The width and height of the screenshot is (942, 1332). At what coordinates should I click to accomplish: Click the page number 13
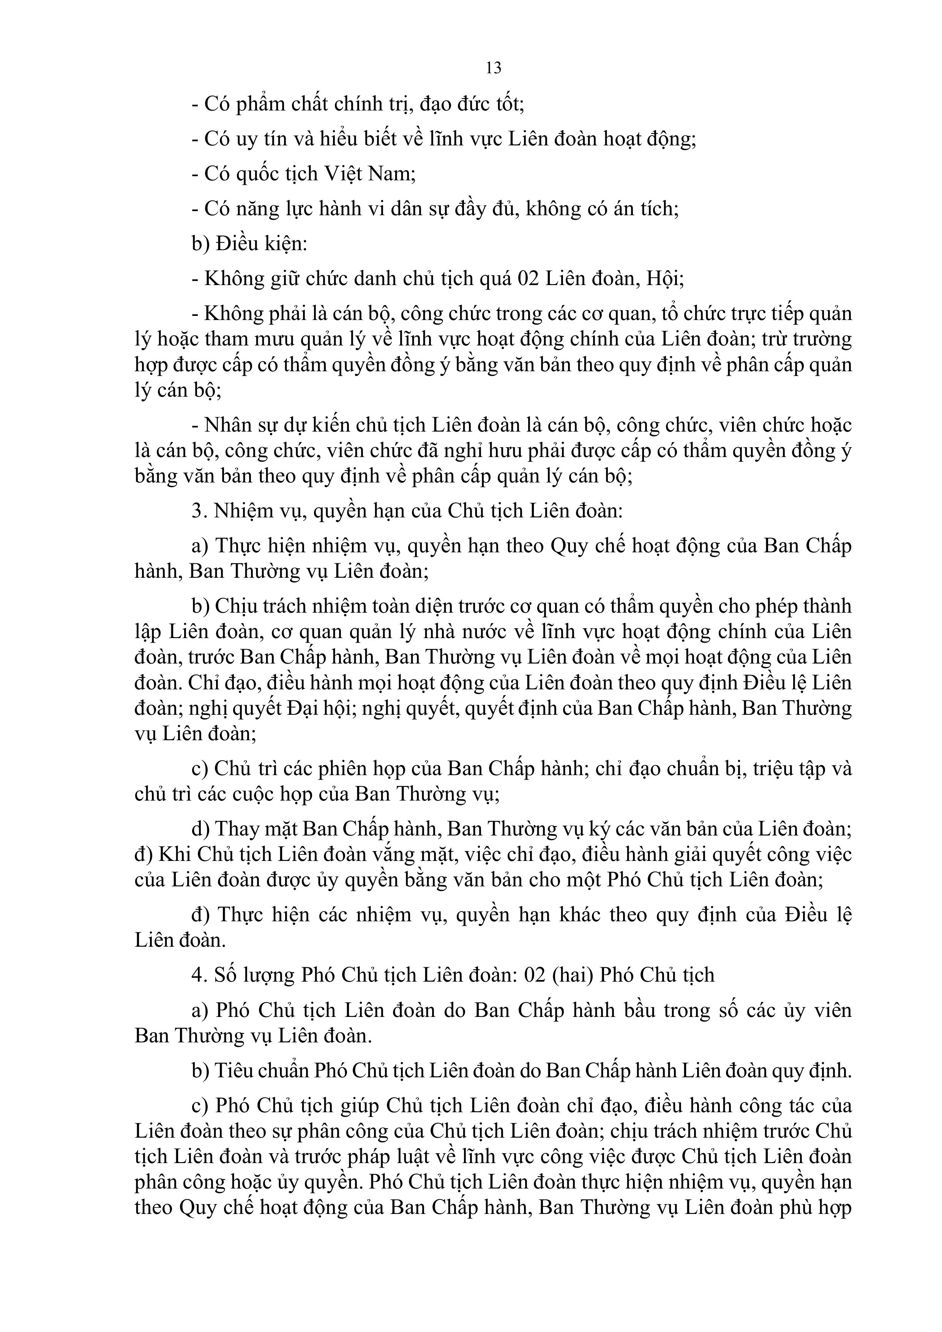tap(493, 68)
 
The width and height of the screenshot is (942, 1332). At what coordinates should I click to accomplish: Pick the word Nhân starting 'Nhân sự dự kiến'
tap(229, 425)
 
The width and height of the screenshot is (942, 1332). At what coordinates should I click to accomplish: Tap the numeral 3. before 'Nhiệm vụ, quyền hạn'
tap(199, 511)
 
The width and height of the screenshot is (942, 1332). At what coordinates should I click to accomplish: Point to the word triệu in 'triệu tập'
tap(776, 769)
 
